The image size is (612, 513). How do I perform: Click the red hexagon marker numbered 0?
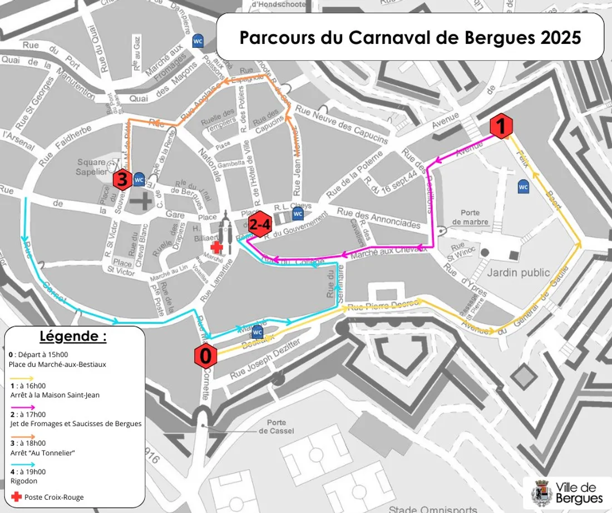pyautogui.click(x=205, y=356)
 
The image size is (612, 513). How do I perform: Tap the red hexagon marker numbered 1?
pyautogui.click(x=501, y=127)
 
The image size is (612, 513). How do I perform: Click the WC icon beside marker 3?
pyautogui.click(x=139, y=180)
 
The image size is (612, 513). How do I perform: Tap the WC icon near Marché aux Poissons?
pyautogui.click(x=198, y=41)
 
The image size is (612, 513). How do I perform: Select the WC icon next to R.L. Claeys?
pyautogui.click(x=298, y=214)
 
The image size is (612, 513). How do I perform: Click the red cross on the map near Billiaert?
pyautogui.click(x=217, y=248)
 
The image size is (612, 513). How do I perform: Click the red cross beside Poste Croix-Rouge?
pyautogui.click(x=16, y=496)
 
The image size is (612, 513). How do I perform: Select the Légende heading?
pyautogui.click(x=73, y=337)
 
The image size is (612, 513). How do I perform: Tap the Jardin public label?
pyautogui.click(x=518, y=273)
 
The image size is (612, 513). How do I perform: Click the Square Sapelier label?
pyautogui.click(x=91, y=167)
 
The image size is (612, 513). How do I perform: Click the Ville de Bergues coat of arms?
pyautogui.click(x=542, y=492)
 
